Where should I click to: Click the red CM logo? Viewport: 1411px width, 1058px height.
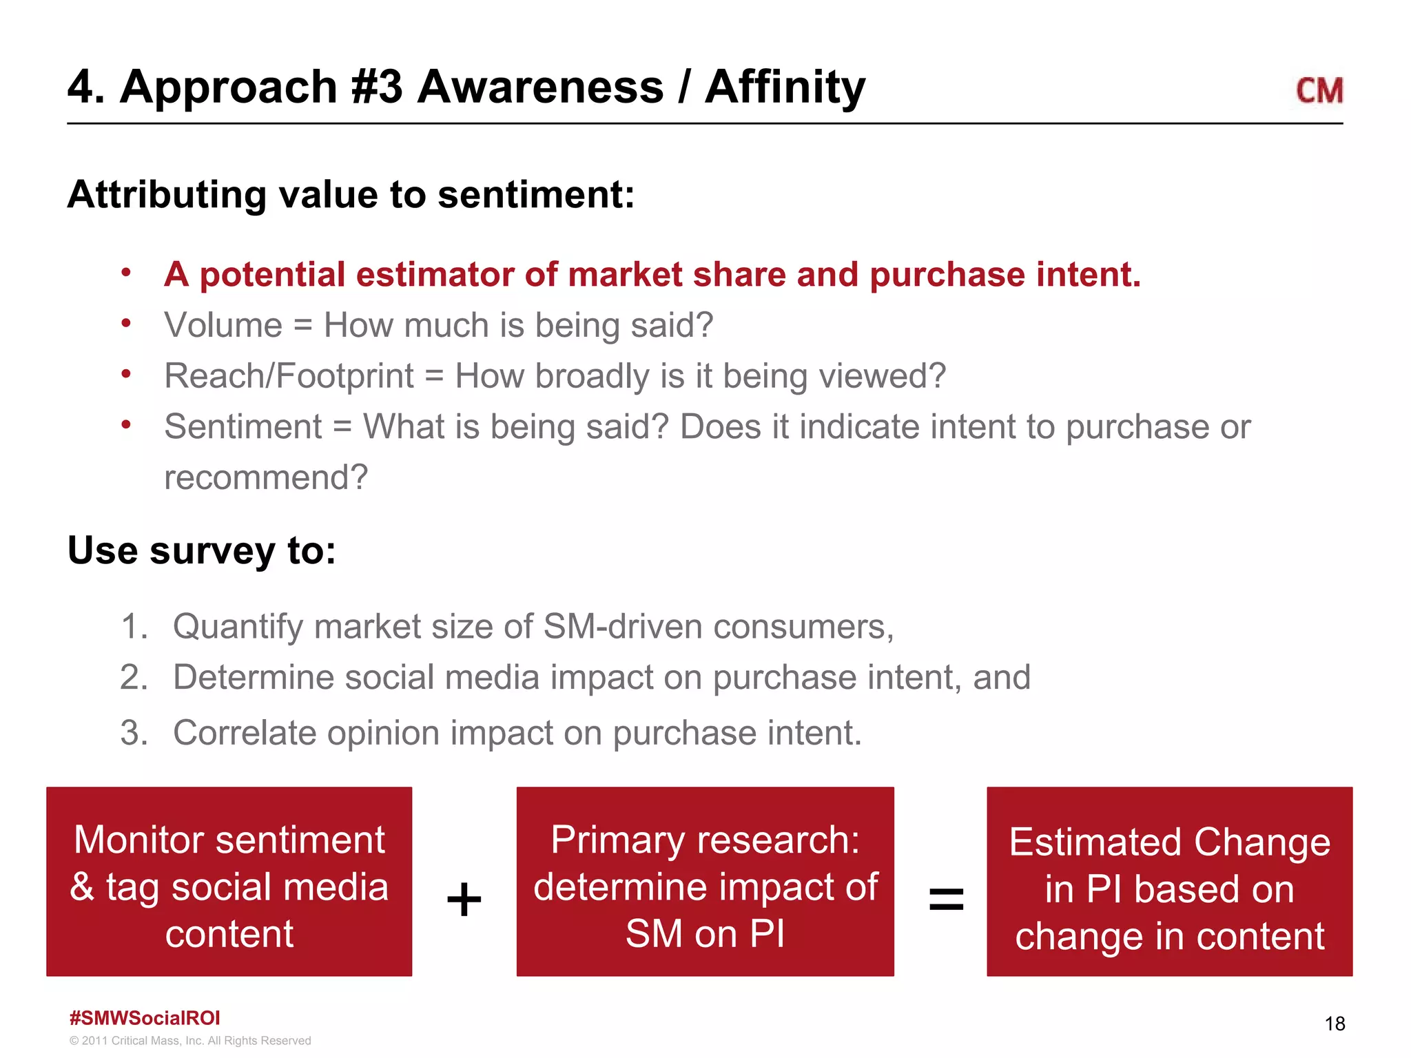[1319, 91]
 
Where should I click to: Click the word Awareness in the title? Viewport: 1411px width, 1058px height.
[540, 87]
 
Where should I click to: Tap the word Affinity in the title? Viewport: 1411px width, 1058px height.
[785, 87]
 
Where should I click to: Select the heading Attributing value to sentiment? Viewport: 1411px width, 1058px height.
[351, 194]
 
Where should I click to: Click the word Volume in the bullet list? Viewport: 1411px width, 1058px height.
[223, 325]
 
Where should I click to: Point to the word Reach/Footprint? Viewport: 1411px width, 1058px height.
[289, 376]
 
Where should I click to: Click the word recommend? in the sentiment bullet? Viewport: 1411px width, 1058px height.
[266, 477]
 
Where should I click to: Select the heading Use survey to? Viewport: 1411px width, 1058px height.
[201, 550]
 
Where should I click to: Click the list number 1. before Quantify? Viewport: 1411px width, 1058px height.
[134, 627]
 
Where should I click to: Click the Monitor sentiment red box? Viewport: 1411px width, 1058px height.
[229, 882]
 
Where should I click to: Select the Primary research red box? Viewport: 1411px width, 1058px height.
[705, 882]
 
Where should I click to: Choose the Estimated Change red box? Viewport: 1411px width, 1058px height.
[1169, 882]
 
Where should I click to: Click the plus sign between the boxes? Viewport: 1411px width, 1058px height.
[464, 900]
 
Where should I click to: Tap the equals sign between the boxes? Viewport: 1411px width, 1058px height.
[946, 900]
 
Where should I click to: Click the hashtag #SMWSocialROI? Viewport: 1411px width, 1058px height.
[145, 1018]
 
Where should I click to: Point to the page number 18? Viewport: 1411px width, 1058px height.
[1335, 1024]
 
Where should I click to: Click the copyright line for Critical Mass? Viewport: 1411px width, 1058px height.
[190, 1041]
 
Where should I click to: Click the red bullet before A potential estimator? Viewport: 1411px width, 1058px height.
[126, 273]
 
